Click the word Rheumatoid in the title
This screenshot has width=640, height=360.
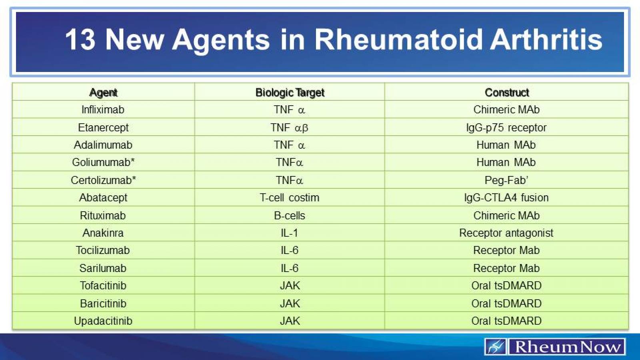(x=398, y=40)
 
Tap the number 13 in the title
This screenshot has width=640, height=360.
(x=80, y=40)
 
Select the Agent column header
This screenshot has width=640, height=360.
(x=103, y=92)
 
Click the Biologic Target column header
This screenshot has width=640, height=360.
(x=290, y=92)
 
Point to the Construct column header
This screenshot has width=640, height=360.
(x=506, y=92)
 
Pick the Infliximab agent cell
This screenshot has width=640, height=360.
(x=103, y=110)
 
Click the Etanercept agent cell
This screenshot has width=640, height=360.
(x=103, y=128)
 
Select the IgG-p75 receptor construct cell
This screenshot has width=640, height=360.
(x=506, y=128)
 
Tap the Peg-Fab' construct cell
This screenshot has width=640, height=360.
(x=506, y=180)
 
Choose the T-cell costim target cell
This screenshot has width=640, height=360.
(x=290, y=198)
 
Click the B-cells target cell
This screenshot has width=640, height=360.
(x=290, y=216)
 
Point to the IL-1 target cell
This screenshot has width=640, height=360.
(x=290, y=233)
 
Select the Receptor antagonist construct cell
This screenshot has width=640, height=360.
(x=506, y=233)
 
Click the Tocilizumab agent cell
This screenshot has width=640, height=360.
(x=103, y=250)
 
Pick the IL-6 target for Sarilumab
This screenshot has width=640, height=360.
(x=290, y=268)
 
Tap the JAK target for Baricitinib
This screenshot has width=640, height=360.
(x=290, y=303)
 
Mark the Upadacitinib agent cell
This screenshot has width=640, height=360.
(x=103, y=321)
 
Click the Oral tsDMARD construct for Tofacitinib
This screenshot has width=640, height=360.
(x=506, y=286)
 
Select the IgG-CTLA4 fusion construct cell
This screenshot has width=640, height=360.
(x=506, y=198)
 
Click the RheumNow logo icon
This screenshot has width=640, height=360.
(x=496, y=346)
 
